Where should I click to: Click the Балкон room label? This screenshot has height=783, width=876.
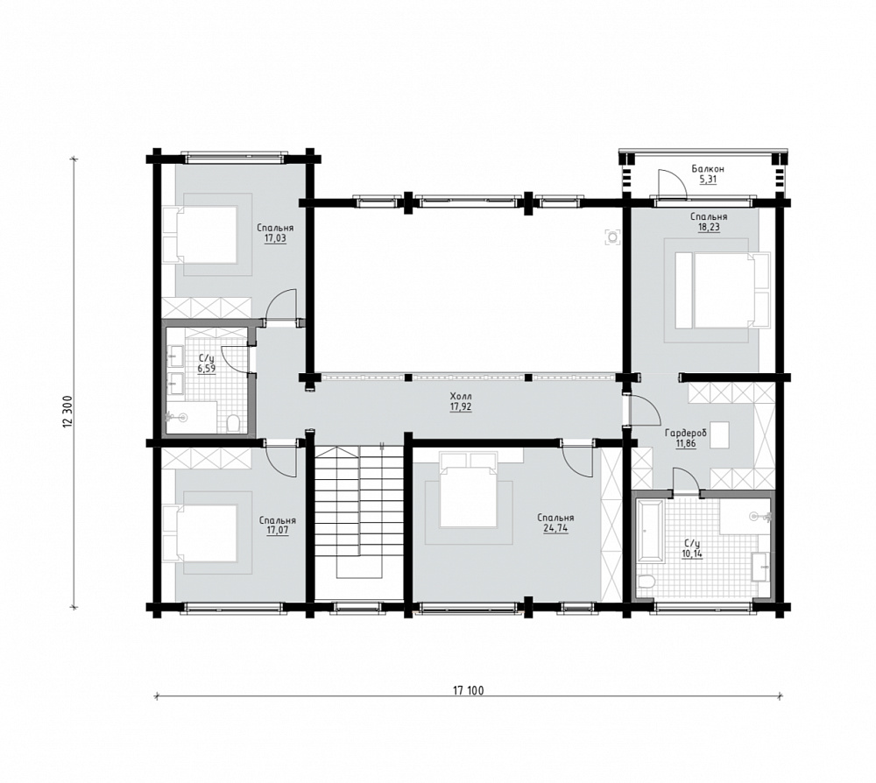click(708, 169)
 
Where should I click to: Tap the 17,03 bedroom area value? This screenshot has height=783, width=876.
click(275, 238)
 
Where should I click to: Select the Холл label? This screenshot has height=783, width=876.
click(461, 397)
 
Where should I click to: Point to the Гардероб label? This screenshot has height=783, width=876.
click(686, 433)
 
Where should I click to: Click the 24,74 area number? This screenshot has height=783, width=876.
click(556, 528)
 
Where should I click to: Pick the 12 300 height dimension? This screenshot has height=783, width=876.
click(68, 413)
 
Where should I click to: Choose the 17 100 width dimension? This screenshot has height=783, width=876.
click(468, 691)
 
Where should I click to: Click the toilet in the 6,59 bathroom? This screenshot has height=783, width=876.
click(234, 422)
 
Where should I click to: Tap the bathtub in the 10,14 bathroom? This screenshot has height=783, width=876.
click(650, 530)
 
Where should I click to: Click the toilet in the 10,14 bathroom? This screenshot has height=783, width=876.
click(646, 583)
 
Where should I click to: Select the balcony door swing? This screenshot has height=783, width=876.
click(672, 184)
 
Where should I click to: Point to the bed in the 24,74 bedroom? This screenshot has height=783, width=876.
click(468, 490)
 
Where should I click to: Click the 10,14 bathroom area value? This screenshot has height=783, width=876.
click(692, 554)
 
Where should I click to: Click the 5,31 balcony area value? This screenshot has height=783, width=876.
click(708, 180)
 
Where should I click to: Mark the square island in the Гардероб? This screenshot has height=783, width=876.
click(720, 435)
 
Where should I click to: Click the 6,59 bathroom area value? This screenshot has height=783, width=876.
click(206, 368)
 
